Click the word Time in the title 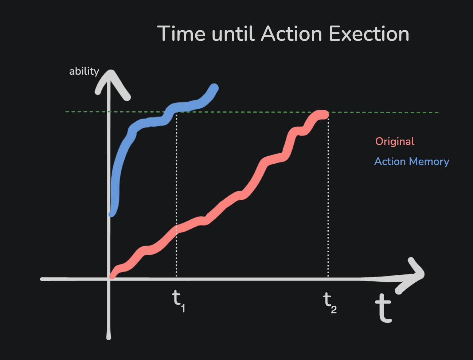click(x=181, y=34)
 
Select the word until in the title click(x=233, y=34)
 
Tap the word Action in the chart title click(x=292, y=34)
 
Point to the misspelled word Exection click(x=369, y=34)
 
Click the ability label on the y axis click(x=84, y=71)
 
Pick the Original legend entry click(x=395, y=141)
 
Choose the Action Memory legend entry click(x=412, y=161)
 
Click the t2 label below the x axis click(x=330, y=303)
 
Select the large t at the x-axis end click(x=383, y=308)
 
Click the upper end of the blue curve click(x=214, y=88)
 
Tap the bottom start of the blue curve click(x=112, y=214)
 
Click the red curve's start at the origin click(x=112, y=277)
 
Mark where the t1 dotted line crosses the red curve click(x=176, y=230)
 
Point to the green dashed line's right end click(x=438, y=113)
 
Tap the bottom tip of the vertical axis click(x=109, y=339)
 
